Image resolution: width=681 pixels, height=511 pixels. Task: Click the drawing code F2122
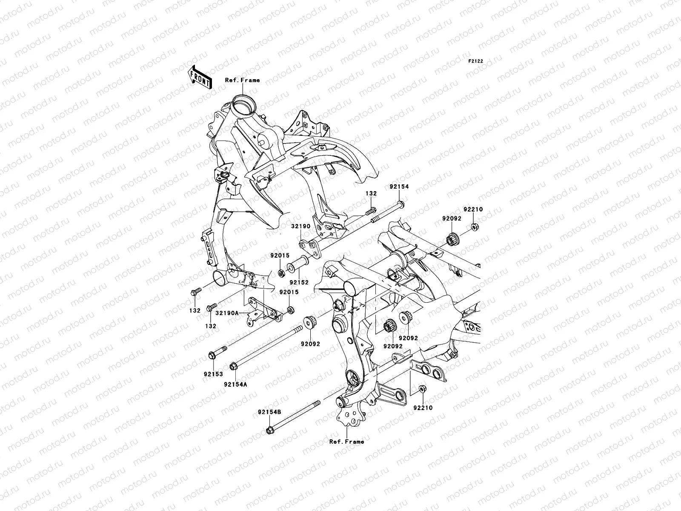476,61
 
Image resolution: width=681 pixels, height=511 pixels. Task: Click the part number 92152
299,282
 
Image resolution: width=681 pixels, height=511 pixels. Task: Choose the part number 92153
213,375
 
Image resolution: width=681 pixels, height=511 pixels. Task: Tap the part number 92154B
269,412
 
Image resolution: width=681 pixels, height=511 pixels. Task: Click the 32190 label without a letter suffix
301,227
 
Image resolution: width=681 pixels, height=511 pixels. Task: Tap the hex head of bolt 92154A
233,366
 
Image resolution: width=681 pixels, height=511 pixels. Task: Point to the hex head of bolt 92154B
269,431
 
